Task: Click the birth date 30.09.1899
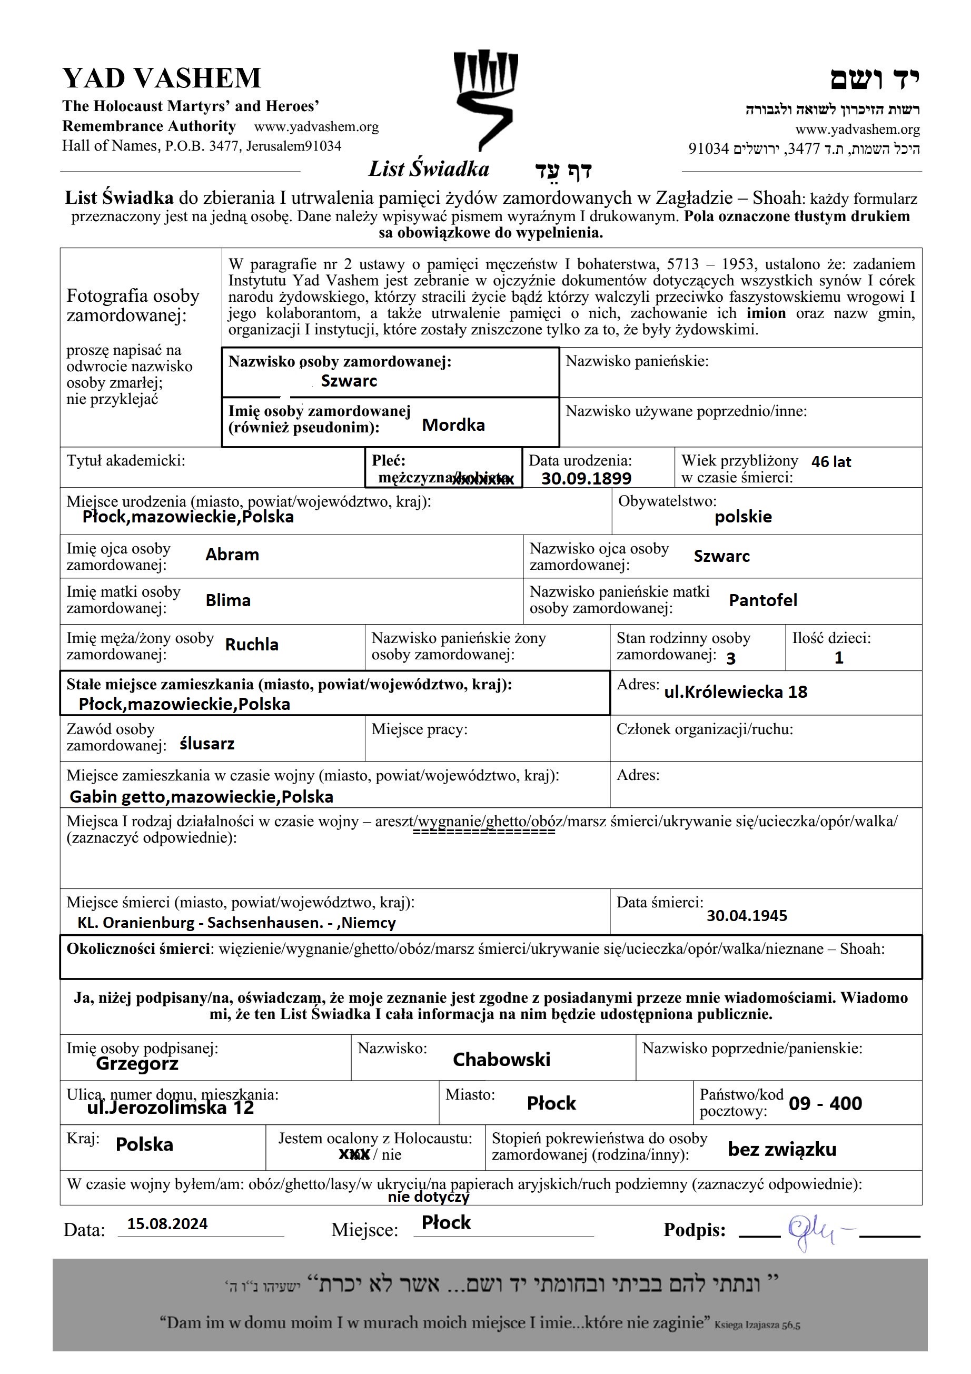(586, 478)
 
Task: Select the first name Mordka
(453, 425)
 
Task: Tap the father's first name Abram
(232, 555)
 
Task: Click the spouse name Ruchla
(251, 645)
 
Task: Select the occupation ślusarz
(207, 744)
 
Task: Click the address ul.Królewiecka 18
(735, 693)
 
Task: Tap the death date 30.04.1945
(747, 916)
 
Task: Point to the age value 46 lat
(830, 462)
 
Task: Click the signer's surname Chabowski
(501, 1060)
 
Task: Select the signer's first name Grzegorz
(137, 1064)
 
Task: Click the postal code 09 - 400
(825, 1103)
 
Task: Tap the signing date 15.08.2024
(167, 1224)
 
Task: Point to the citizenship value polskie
(743, 517)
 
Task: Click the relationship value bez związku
(781, 1150)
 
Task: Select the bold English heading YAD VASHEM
(162, 78)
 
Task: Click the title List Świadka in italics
(428, 170)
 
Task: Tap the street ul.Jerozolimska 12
(171, 1108)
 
